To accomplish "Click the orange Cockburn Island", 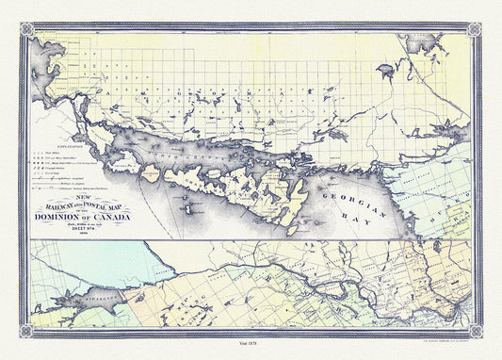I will (x=149, y=172).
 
